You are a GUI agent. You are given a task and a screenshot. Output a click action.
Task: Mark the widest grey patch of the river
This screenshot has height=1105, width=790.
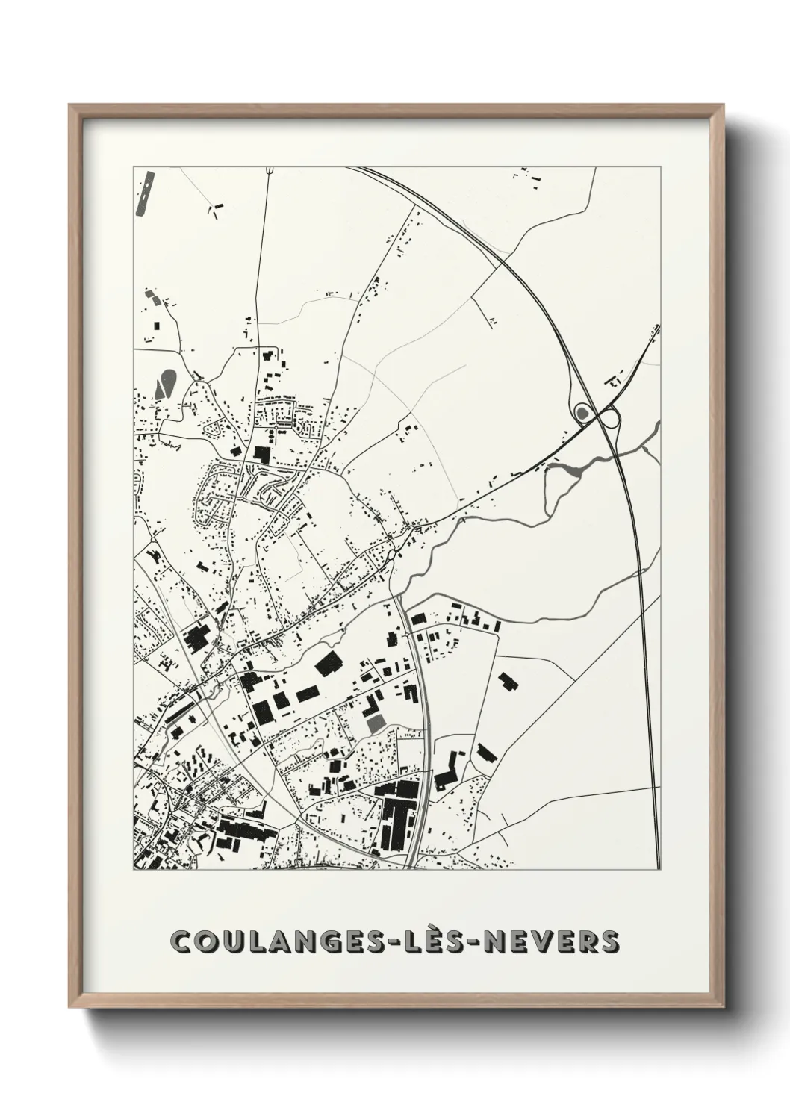coord(564,470)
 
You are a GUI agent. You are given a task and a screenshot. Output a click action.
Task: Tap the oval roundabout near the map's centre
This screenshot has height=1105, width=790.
coord(393,555)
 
